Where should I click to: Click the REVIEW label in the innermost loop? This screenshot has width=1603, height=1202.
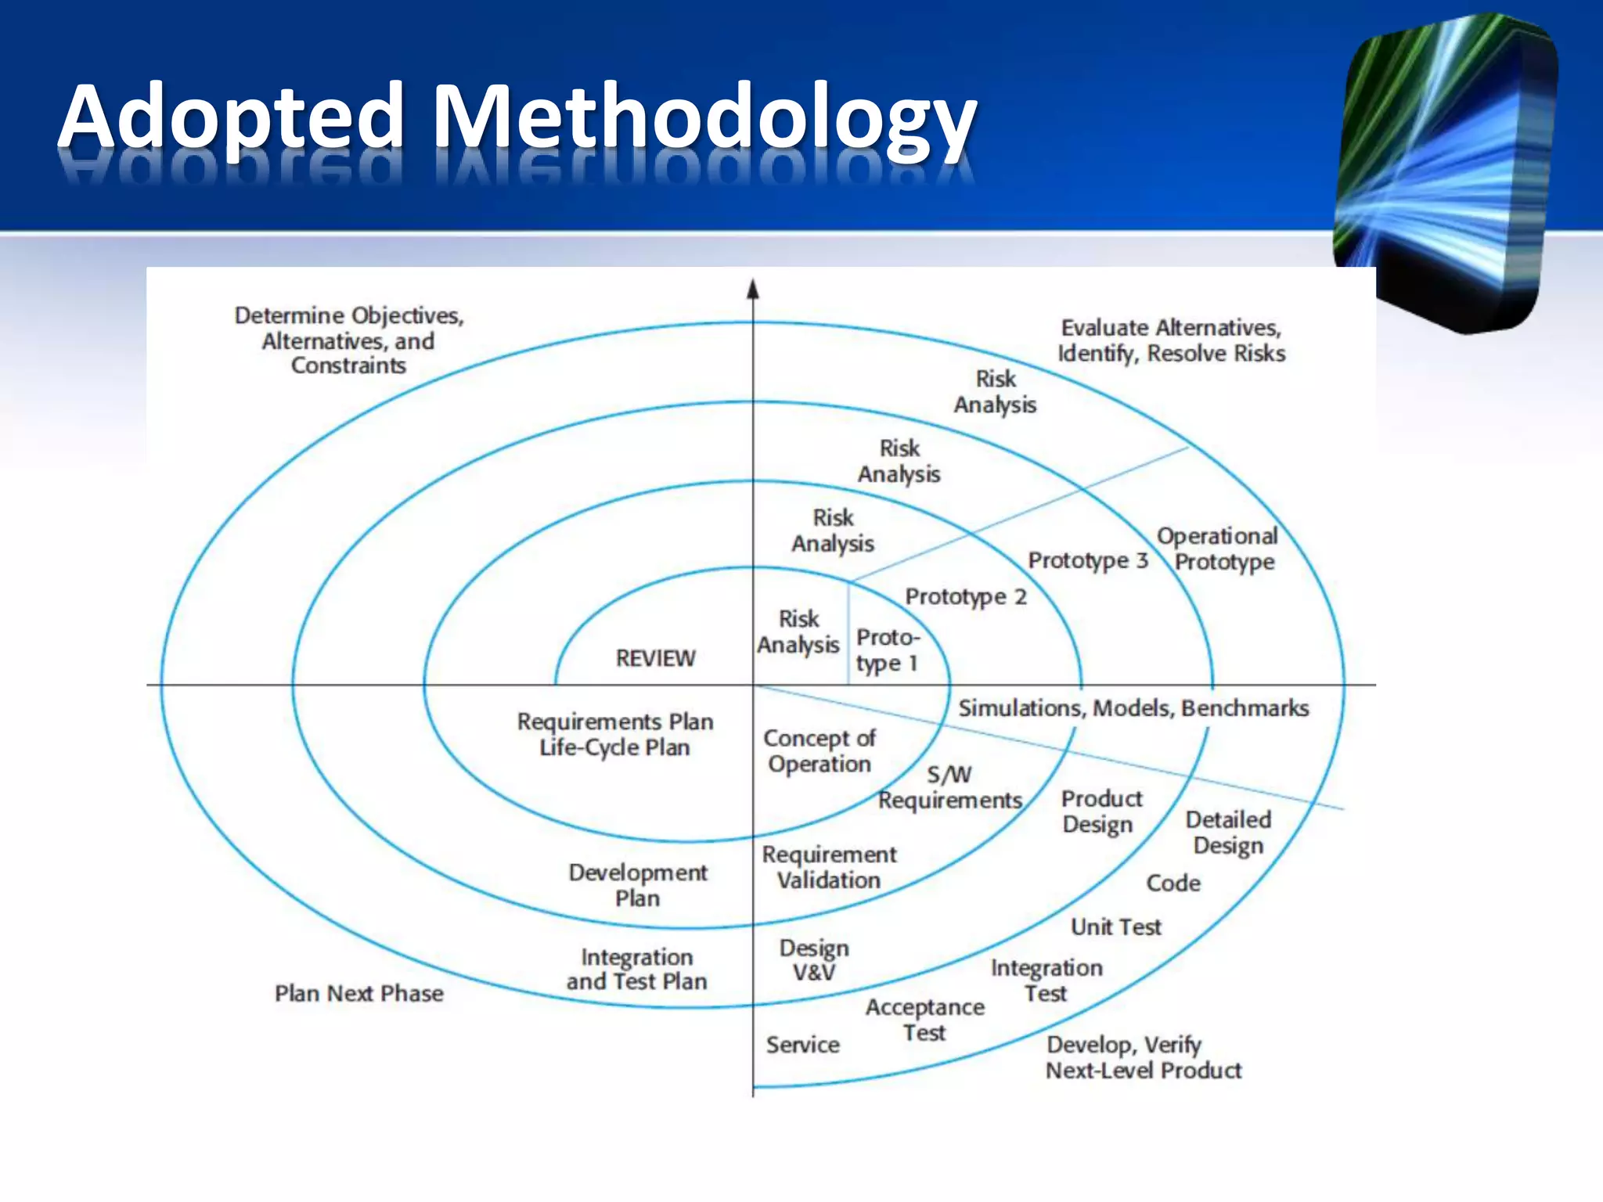(x=655, y=658)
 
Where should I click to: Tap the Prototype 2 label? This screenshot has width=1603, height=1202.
(x=965, y=597)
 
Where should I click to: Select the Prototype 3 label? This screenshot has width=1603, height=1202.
(x=1087, y=560)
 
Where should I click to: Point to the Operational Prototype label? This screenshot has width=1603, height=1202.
(x=1218, y=549)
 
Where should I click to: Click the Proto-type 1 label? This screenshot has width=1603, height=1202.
(x=888, y=650)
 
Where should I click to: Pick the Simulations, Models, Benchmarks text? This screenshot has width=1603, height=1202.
(x=1133, y=708)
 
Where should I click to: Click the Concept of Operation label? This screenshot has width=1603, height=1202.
(x=819, y=751)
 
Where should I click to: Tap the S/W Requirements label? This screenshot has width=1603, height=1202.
(x=949, y=788)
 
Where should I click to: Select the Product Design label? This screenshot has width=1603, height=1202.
(x=1100, y=812)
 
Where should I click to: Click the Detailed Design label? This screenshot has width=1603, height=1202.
(x=1227, y=833)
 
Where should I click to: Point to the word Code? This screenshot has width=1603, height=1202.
(x=1173, y=884)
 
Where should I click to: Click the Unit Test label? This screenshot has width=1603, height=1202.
(x=1115, y=927)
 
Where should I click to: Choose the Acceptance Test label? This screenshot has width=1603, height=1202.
(x=924, y=1020)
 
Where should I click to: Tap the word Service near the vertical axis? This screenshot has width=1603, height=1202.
(x=802, y=1045)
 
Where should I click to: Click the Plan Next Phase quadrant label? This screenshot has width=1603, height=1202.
(x=358, y=994)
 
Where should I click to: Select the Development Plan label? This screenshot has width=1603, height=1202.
(x=637, y=885)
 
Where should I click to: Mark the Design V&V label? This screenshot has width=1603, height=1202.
(x=813, y=960)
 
